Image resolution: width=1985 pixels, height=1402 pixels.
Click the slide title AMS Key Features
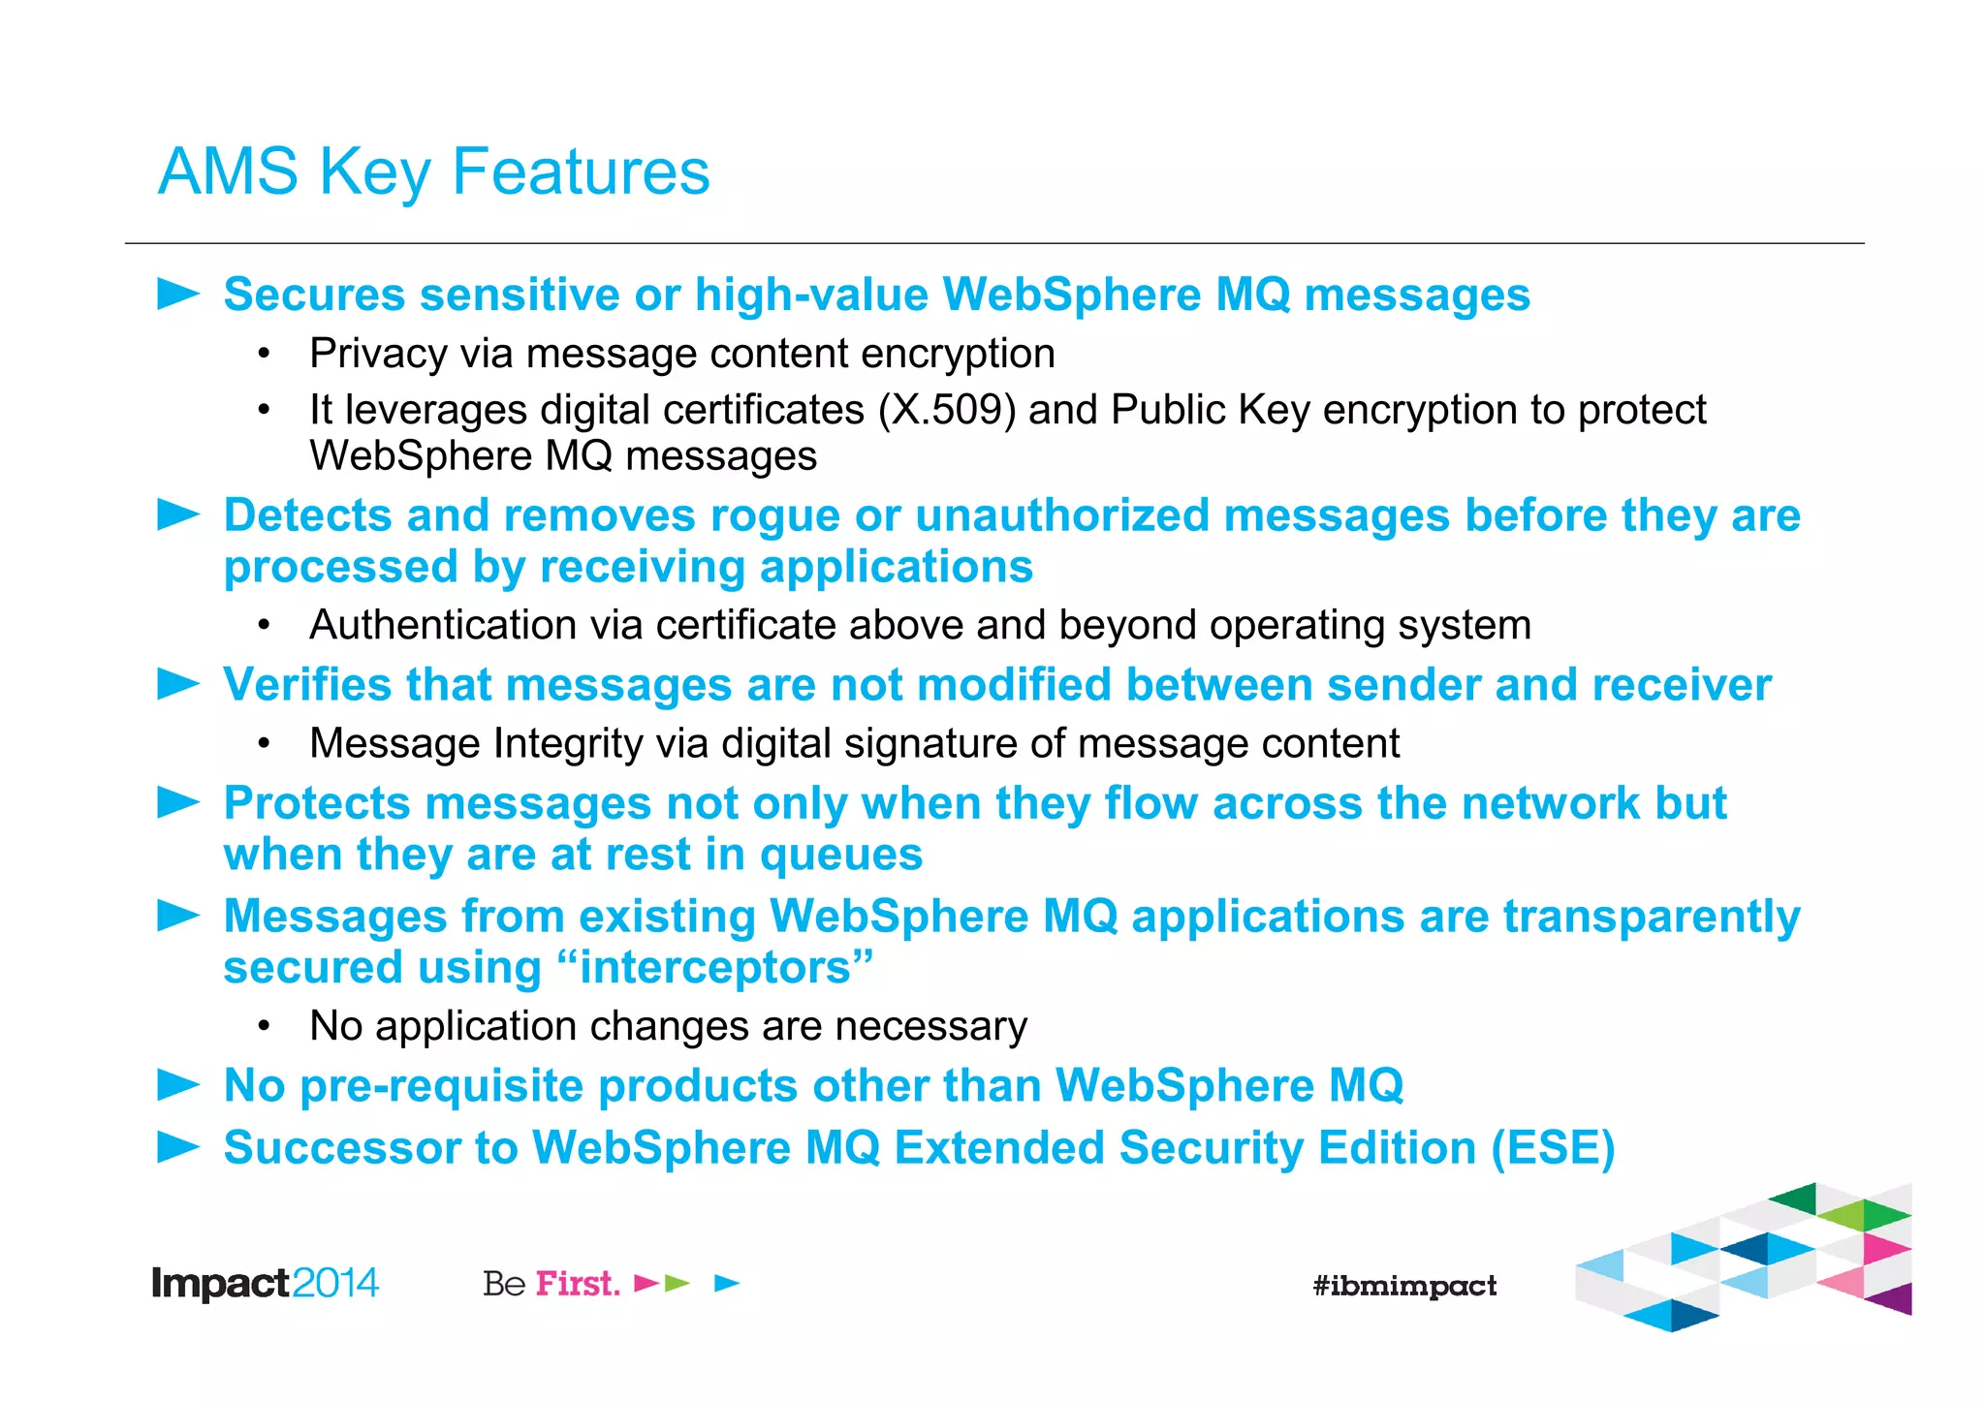click(x=433, y=172)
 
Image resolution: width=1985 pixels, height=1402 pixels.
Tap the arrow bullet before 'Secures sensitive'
click(x=178, y=294)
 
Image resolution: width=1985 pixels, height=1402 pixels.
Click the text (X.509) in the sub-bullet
click(x=947, y=410)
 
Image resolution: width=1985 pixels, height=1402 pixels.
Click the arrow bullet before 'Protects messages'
click(x=178, y=802)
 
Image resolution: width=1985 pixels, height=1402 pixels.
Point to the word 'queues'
click(x=840, y=856)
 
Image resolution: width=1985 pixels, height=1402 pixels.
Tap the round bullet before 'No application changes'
click(x=264, y=1027)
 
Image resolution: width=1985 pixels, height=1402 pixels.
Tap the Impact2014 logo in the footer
click(x=265, y=1284)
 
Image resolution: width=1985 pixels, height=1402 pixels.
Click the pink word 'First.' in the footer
click(x=578, y=1284)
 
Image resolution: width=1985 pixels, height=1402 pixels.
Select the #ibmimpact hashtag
click(x=1404, y=1286)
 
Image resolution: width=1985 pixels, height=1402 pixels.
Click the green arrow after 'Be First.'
click(x=677, y=1284)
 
